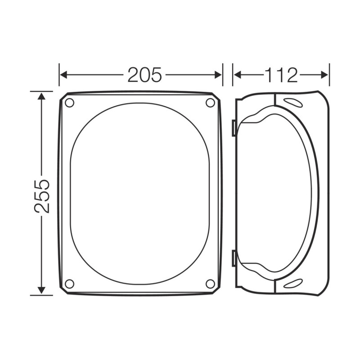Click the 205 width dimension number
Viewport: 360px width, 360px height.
(x=144, y=75)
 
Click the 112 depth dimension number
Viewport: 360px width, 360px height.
(x=281, y=75)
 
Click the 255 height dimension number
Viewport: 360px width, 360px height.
(x=42, y=196)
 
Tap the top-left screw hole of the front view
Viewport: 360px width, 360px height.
(x=69, y=103)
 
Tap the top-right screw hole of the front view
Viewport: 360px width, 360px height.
(x=210, y=103)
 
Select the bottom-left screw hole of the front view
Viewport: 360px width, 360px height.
(x=69, y=283)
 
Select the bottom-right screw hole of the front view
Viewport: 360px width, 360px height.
(x=210, y=283)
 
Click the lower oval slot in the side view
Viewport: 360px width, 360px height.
(x=292, y=283)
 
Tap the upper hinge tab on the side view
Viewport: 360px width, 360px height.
(x=234, y=128)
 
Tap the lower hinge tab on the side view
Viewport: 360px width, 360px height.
(x=234, y=258)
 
